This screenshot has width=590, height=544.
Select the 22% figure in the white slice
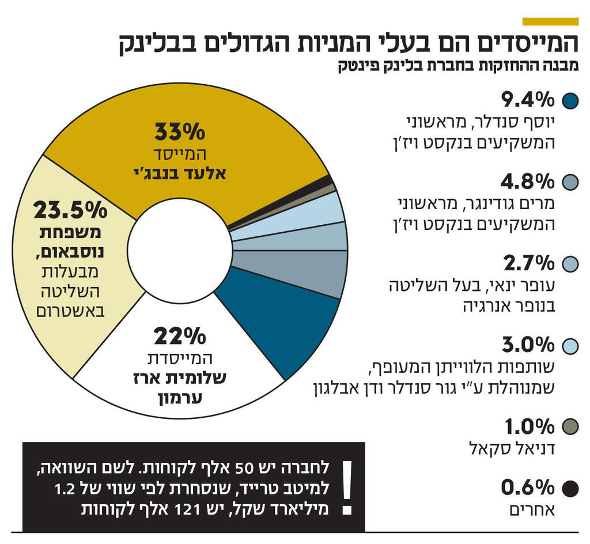[x=179, y=335]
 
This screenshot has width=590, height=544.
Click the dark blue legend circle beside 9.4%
[x=570, y=101]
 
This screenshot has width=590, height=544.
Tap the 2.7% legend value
[x=528, y=264]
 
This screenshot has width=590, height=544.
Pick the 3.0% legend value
[x=527, y=345]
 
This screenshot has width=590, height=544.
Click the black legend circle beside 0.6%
[x=570, y=489]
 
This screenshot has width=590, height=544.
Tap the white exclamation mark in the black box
[x=346, y=486]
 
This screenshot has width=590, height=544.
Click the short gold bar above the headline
[x=550, y=21]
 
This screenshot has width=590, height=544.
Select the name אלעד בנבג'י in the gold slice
[x=179, y=172]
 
